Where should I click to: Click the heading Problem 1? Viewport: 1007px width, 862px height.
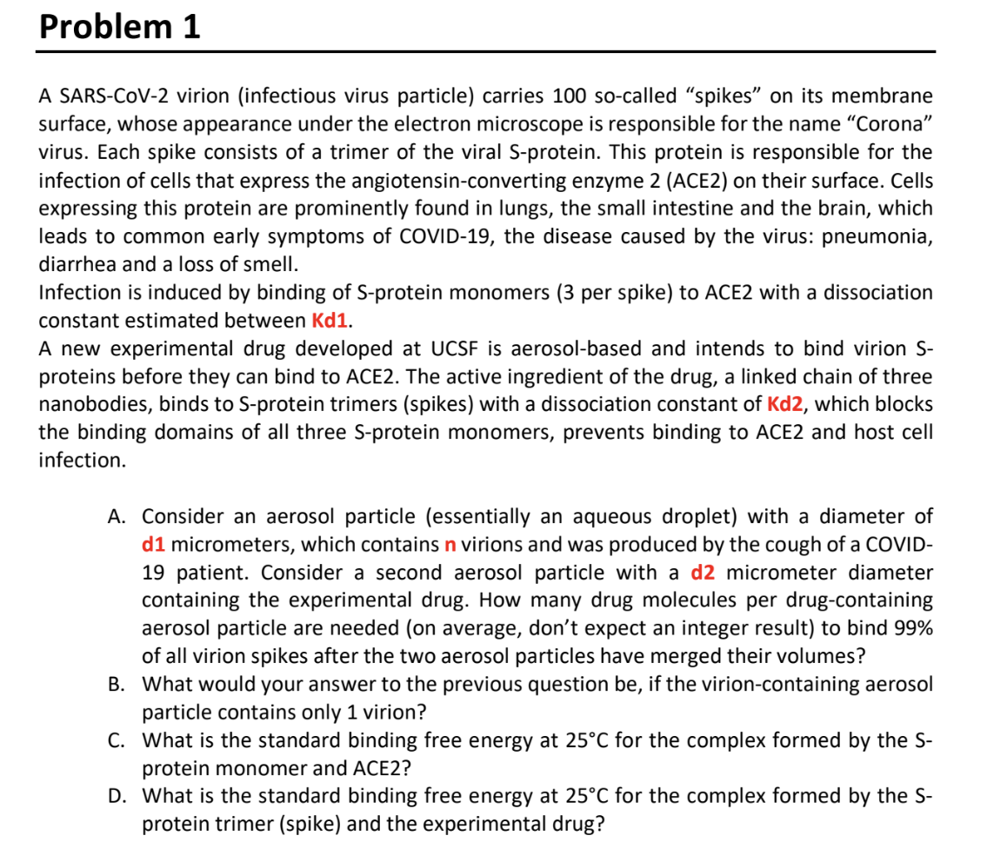pos(120,27)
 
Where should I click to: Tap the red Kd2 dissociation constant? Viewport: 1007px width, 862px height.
pos(789,404)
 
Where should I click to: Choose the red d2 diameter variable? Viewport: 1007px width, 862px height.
pos(704,573)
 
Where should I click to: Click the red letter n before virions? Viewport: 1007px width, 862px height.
pos(450,545)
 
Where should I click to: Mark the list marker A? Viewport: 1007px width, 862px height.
pos(117,517)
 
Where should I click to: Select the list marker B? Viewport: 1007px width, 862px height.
pos(117,684)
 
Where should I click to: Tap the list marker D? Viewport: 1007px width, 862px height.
pos(117,795)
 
